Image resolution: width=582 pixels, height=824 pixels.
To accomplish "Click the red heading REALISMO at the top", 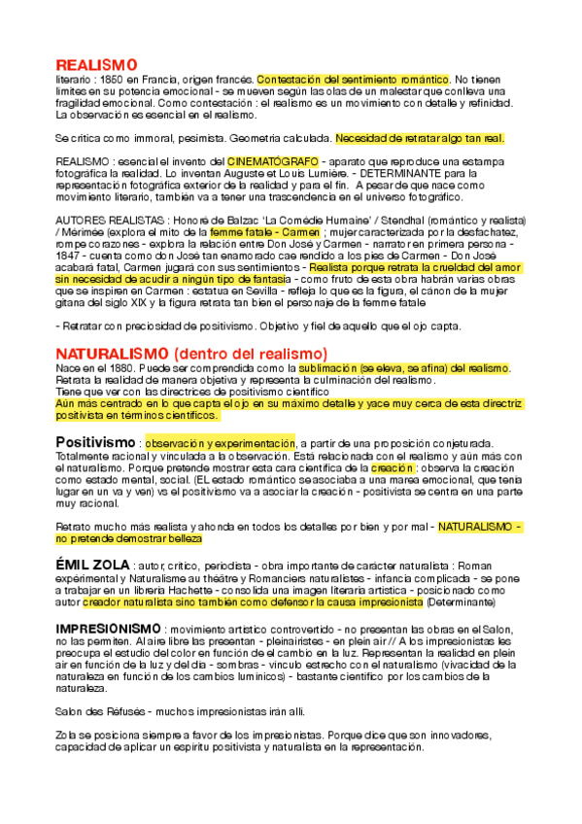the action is (97, 64).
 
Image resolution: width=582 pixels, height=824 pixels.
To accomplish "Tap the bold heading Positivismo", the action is (95, 442).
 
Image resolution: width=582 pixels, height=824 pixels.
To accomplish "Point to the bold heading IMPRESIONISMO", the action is (109, 629).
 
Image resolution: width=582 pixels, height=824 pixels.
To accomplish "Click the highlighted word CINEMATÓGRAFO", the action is (273, 158).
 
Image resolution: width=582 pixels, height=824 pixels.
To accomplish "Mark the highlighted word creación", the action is (392, 467).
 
